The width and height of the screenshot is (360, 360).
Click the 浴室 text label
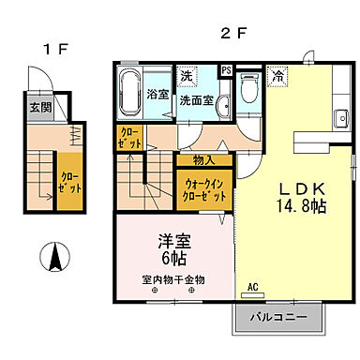158,94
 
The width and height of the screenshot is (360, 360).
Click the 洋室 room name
172,239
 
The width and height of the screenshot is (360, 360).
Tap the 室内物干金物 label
172,279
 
